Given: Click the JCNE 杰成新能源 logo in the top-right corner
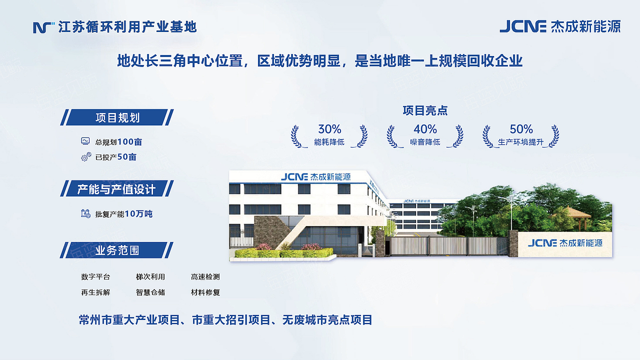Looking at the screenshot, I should click(560, 26).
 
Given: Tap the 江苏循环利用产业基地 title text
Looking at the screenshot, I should click(127, 26).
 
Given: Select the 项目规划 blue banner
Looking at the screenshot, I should click(117, 117).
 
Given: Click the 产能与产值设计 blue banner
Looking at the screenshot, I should click(117, 189).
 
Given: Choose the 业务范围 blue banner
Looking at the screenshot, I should click(117, 250).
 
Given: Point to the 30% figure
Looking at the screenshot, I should click(329, 129).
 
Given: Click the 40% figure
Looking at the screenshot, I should click(425, 129).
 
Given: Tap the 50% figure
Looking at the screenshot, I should click(521, 129).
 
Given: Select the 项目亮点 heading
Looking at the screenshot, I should click(425, 110).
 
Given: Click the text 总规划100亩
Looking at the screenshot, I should click(118, 142).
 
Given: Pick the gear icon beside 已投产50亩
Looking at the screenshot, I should click(86, 157).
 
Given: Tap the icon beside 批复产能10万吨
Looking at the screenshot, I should click(86, 213).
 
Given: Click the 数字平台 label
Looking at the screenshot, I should click(95, 276).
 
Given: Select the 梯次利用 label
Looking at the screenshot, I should click(150, 276).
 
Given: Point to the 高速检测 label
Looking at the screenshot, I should click(205, 276).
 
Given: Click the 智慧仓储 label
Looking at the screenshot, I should click(150, 292).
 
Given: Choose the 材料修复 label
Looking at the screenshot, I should click(205, 292).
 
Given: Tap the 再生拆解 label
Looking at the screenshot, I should click(95, 292).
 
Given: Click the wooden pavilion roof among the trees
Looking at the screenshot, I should click(571, 211).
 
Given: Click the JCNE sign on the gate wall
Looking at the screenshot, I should click(565, 243).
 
